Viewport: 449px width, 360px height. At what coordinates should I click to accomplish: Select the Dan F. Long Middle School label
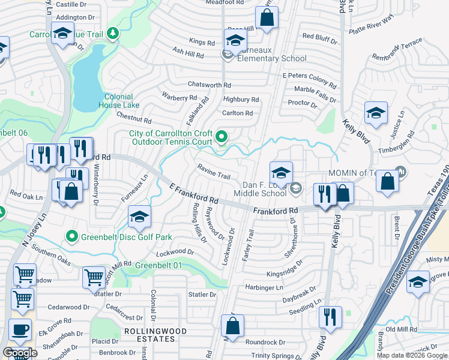click(264, 189)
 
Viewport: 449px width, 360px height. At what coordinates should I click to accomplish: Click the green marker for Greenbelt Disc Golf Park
click(73, 236)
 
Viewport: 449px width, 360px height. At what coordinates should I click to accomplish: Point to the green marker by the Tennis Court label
click(221, 137)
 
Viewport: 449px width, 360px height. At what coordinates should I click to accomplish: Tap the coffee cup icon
click(20, 329)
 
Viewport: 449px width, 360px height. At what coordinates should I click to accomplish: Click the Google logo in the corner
click(20, 353)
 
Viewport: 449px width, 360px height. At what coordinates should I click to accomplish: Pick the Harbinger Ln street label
click(262, 287)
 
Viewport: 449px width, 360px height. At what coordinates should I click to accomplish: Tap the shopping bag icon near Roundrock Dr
click(233, 327)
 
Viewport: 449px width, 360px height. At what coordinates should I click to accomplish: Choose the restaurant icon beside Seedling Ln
click(330, 316)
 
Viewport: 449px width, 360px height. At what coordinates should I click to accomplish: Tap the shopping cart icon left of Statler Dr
click(94, 277)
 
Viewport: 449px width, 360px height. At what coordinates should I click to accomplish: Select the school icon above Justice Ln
click(376, 112)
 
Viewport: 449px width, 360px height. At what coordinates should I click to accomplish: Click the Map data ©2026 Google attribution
click(412, 355)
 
